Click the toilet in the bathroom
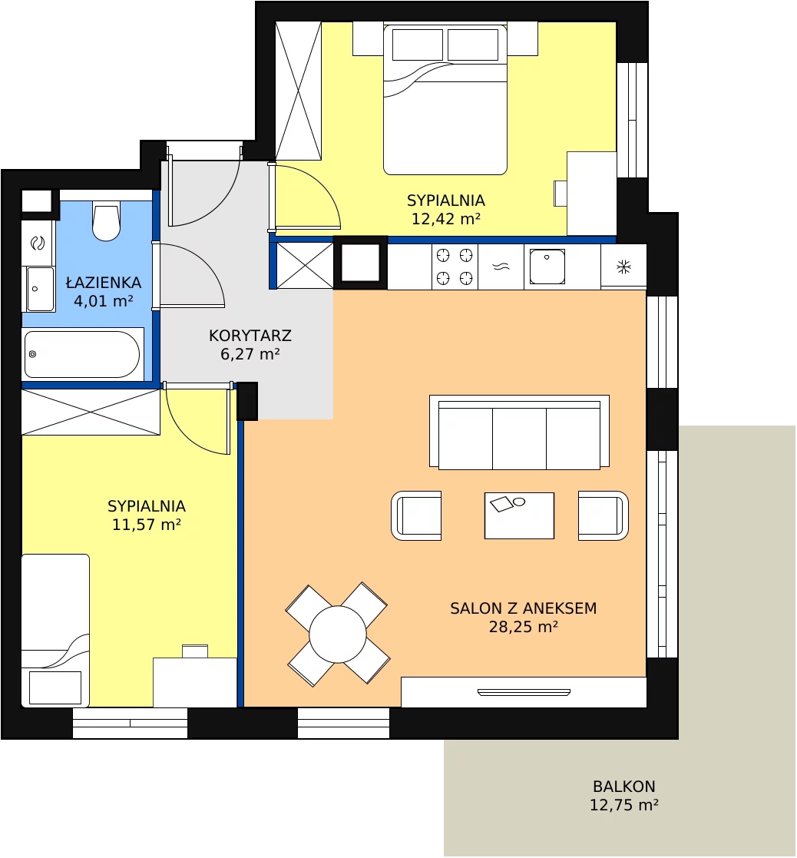coord(106,222)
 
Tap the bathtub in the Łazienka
coord(83,354)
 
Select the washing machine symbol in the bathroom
coord(38,243)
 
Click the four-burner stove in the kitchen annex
coord(455,267)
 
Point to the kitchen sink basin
coord(547,267)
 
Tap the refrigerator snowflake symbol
coord(623,267)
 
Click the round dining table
coord(338,634)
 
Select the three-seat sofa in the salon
coord(519,432)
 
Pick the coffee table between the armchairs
coord(519,515)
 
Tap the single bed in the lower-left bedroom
coord(55,631)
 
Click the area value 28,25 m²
coord(524,627)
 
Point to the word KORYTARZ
coord(250,336)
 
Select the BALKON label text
coord(624,787)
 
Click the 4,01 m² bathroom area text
coord(104,301)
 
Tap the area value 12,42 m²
coord(446,219)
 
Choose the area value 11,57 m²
coord(147,525)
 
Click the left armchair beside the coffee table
coord(416,515)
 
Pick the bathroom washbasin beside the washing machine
coord(39,289)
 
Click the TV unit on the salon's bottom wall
coord(524,692)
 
